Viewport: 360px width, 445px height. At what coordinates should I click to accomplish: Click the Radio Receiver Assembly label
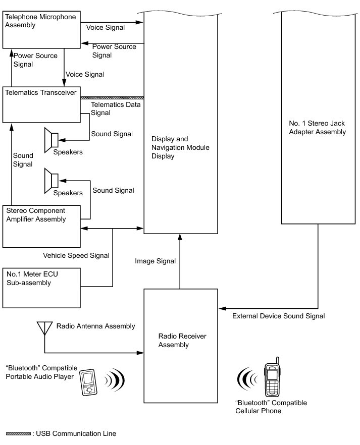click(182, 340)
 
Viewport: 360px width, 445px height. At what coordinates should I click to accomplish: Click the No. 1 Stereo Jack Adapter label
click(317, 128)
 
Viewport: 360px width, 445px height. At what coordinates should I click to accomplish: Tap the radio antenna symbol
click(44, 328)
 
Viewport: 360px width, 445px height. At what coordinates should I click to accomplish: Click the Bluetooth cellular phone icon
click(272, 377)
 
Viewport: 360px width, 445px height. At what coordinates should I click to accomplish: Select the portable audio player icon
click(88, 382)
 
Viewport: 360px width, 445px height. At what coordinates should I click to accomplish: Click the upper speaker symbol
click(51, 140)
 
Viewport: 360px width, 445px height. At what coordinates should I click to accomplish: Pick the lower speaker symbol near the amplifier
click(51, 181)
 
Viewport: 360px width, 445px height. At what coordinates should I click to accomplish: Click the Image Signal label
click(156, 261)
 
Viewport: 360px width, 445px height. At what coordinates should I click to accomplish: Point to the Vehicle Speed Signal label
click(76, 255)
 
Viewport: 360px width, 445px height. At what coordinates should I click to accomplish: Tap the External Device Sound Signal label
click(279, 316)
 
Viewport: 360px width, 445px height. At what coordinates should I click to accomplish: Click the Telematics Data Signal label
click(116, 108)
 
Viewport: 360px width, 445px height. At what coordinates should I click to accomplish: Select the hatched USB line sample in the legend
click(19, 434)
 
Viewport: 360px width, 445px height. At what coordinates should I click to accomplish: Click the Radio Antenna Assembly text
click(95, 326)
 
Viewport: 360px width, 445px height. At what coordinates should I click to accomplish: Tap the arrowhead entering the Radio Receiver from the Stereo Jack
click(222, 308)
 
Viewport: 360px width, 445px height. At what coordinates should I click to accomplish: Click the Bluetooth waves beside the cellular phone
click(247, 378)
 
